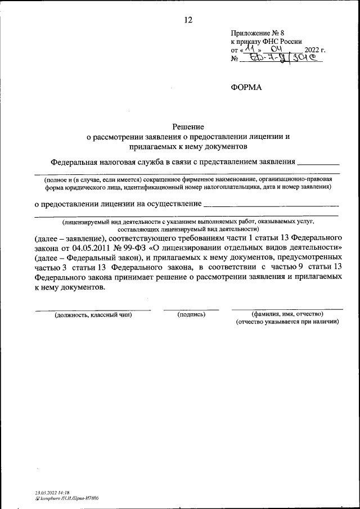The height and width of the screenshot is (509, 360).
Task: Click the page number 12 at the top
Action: click(x=188, y=20)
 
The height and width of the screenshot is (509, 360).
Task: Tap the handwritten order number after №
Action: click(x=287, y=58)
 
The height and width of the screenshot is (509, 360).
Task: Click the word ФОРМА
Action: click(x=246, y=87)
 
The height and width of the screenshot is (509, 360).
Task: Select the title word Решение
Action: click(x=188, y=127)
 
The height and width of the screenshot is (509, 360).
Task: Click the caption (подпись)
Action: click(x=191, y=315)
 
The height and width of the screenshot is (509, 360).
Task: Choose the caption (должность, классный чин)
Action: click(x=93, y=315)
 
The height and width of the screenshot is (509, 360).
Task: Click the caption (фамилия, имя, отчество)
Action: click(x=287, y=314)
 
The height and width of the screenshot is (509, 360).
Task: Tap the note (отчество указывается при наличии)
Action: click(x=287, y=323)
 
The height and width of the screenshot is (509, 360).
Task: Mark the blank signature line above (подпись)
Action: click(x=191, y=309)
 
